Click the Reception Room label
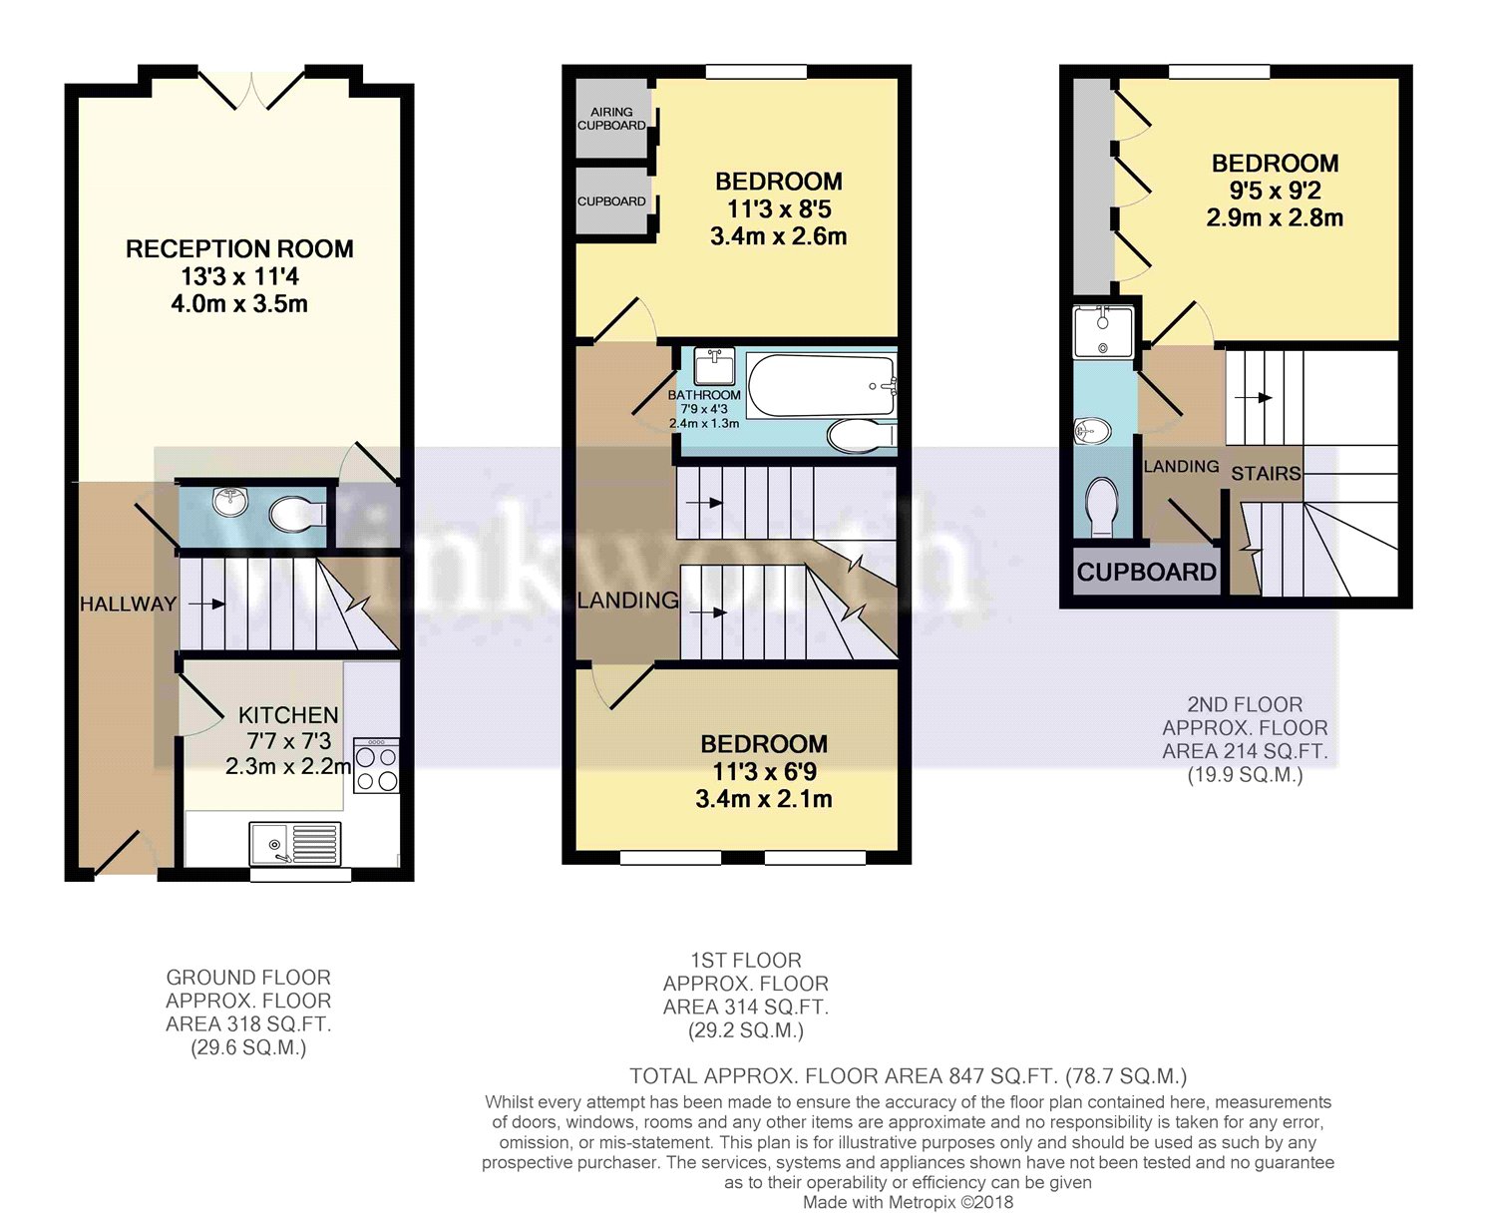coord(239,249)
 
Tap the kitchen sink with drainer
coord(295,844)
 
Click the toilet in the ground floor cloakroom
coord(296,515)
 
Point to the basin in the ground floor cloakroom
coord(230,501)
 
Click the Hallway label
coord(128,604)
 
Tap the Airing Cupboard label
coord(611,119)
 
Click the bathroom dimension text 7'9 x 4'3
coord(704,409)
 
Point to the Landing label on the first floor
coord(627,600)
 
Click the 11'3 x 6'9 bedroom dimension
coord(764,772)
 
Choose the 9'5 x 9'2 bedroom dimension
coord(1275,191)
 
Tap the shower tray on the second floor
coord(1103,331)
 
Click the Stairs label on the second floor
coord(1266,474)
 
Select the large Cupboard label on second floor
coord(1147,573)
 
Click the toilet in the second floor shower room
coord(1102,505)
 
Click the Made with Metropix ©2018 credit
coord(908,1202)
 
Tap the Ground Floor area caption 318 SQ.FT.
coord(248,1024)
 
